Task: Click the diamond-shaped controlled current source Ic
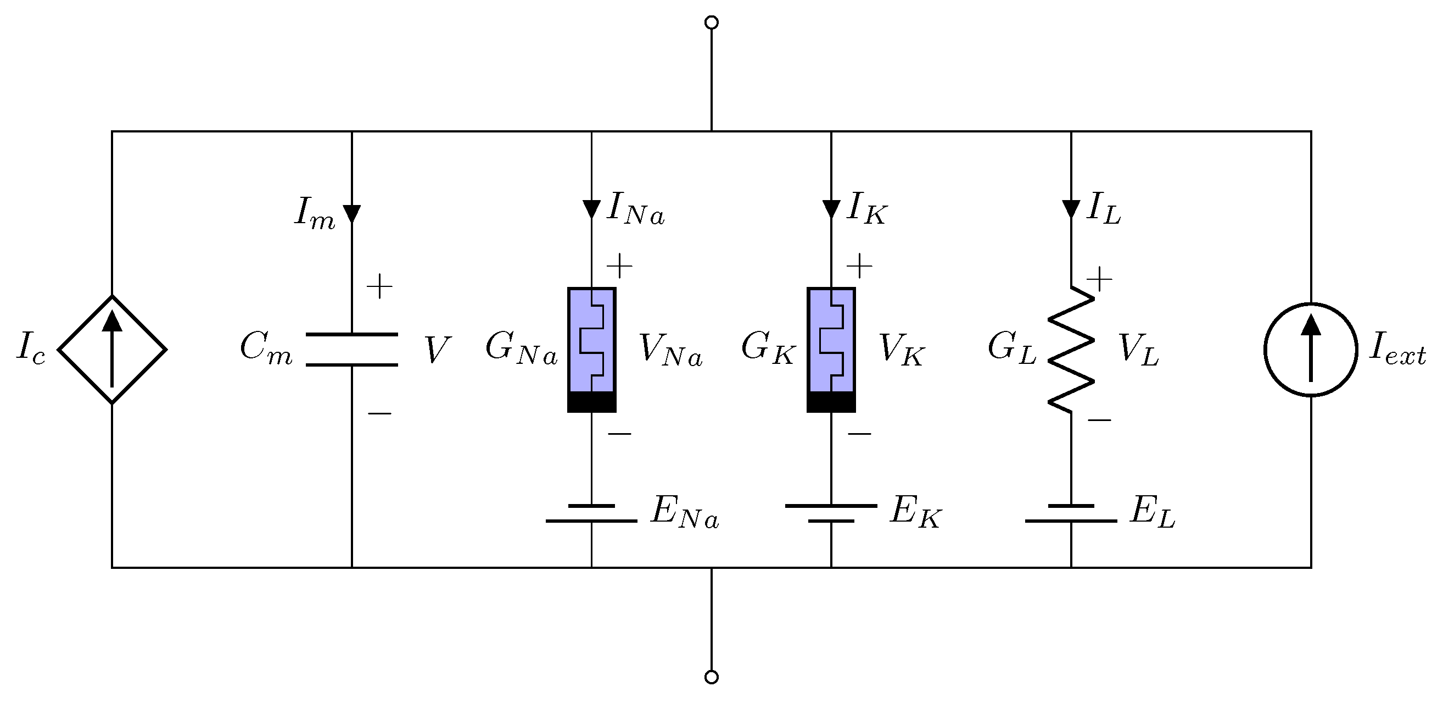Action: pos(112,349)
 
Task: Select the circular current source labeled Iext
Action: pos(1311,349)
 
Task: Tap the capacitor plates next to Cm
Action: pos(352,349)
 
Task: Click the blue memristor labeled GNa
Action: pos(591,349)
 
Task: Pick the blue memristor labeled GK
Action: pos(831,349)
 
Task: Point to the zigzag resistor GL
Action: pos(1071,349)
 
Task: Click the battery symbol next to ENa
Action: pos(591,513)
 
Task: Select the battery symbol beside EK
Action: pos(831,513)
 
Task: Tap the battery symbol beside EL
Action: pos(1071,513)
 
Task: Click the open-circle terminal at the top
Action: pos(712,23)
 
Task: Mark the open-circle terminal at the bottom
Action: pos(712,677)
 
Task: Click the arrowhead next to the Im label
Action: pos(352,214)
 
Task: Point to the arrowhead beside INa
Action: pos(591,209)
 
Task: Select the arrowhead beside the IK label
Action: pos(831,209)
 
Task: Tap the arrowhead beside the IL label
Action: pos(1071,209)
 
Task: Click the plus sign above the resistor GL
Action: pos(1099,279)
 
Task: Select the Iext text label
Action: pos(1397,350)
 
